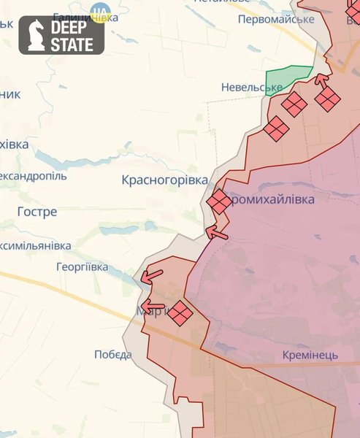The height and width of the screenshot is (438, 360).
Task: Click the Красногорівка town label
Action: [x=164, y=180]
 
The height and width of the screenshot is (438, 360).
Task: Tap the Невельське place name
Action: [x=251, y=88]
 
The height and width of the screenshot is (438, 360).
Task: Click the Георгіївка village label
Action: [x=82, y=267]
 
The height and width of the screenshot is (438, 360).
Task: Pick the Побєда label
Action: [x=113, y=355]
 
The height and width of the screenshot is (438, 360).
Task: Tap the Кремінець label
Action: [x=310, y=355]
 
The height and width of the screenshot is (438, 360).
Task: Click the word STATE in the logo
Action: [x=72, y=45]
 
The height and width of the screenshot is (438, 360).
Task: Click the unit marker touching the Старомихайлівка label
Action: [x=218, y=201]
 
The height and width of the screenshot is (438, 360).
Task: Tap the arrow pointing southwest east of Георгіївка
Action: [x=152, y=276]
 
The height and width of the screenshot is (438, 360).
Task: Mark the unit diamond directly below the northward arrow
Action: [x=328, y=99]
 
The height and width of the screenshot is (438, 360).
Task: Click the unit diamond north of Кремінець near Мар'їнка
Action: [x=180, y=314]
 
